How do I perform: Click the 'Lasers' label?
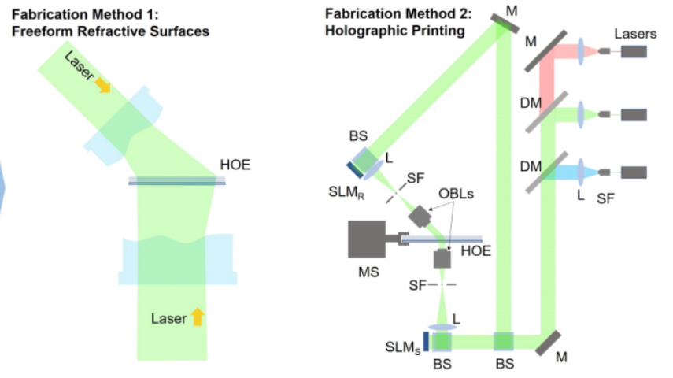[634, 34]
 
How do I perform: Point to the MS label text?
[367, 272]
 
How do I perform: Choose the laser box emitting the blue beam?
[634, 172]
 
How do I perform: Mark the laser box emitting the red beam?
[634, 51]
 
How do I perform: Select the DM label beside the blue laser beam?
[531, 165]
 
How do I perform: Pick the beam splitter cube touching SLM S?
[442, 341]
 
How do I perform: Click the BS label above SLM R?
[358, 135]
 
